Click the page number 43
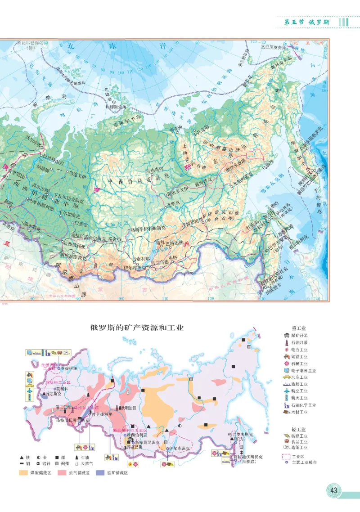(334, 490)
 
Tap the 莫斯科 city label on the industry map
(51, 388)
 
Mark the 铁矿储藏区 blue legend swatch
(99, 473)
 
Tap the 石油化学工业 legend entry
(303, 405)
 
